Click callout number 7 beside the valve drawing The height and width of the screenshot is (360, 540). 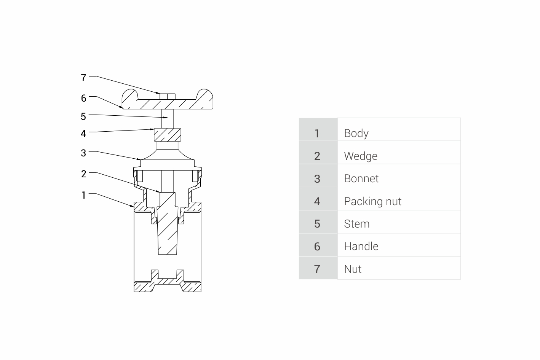pos(83,78)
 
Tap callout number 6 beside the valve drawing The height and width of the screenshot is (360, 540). pos(84,98)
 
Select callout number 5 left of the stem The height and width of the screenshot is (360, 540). pos(83,116)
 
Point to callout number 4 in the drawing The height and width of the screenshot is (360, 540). pos(83,133)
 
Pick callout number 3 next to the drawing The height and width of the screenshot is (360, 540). pos(83,153)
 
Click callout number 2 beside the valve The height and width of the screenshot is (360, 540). pos(84,174)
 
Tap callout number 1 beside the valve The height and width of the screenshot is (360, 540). pos(84,195)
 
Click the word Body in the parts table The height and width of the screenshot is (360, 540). pos(356,134)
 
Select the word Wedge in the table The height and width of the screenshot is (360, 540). pos(361,156)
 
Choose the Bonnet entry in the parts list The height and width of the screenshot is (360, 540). pos(361,178)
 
